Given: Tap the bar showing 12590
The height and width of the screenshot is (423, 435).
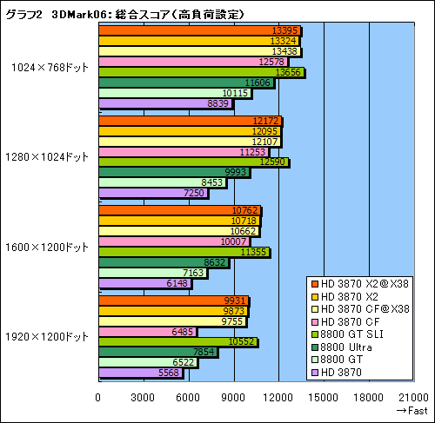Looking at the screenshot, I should [192, 161].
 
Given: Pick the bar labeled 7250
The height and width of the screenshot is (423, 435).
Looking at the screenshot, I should [153, 192].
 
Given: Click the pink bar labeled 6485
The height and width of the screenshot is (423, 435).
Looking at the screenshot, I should [147, 331].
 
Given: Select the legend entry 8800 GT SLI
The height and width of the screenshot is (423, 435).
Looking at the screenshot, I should [358, 334].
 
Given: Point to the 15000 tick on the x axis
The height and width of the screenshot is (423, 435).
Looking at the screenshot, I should [324, 398].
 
